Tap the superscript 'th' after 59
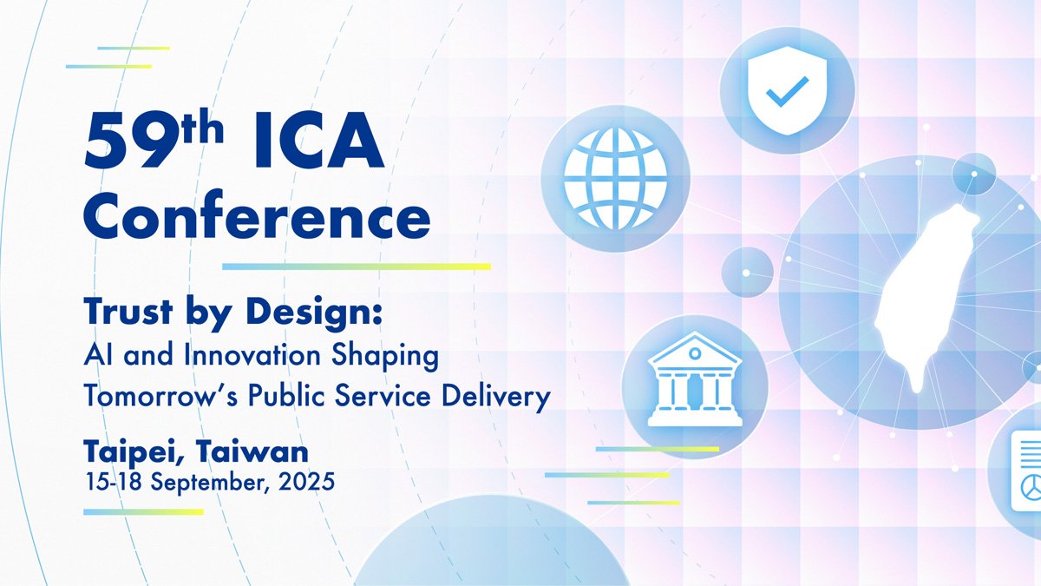pos(203,126)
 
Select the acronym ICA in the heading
pos(320,141)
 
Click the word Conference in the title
pos(257,214)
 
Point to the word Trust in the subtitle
pos(128,311)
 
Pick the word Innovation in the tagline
pos(252,355)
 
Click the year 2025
pos(307,482)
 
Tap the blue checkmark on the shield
pos(787,91)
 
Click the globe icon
pos(615,179)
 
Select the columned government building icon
pos(695,379)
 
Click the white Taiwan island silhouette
pos(925,298)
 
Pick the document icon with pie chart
pos(1026,471)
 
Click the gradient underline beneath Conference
pos(357,267)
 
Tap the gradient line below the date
pos(144,512)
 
